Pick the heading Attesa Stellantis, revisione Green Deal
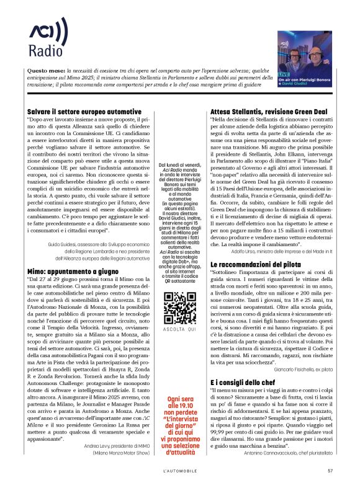tap(268, 110)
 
